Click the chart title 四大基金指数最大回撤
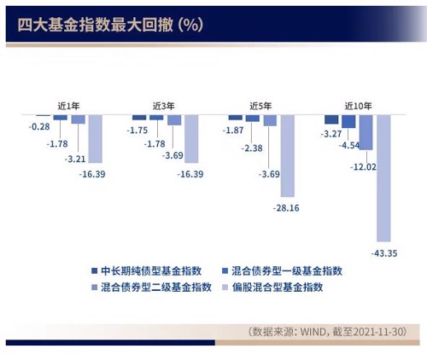point(95,25)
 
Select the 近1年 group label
point(68,106)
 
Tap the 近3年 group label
point(163,106)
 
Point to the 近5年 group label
point(260,106)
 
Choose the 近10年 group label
point(358,106)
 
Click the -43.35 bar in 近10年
point(383,178)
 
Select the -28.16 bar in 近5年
point(288,156)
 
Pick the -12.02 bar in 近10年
point(366,132)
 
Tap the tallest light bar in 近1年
point(96,139)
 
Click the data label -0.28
point(39,126)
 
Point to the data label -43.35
point(384,253)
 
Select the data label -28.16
point(286,208)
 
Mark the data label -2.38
point(252,148)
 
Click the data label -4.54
point(349,145)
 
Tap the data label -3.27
point(331,134)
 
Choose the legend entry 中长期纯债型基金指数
point(147,271)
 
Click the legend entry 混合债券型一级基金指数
point(282,271)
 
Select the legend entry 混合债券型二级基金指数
point(151,287)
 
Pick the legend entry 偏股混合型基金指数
point(272,287)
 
